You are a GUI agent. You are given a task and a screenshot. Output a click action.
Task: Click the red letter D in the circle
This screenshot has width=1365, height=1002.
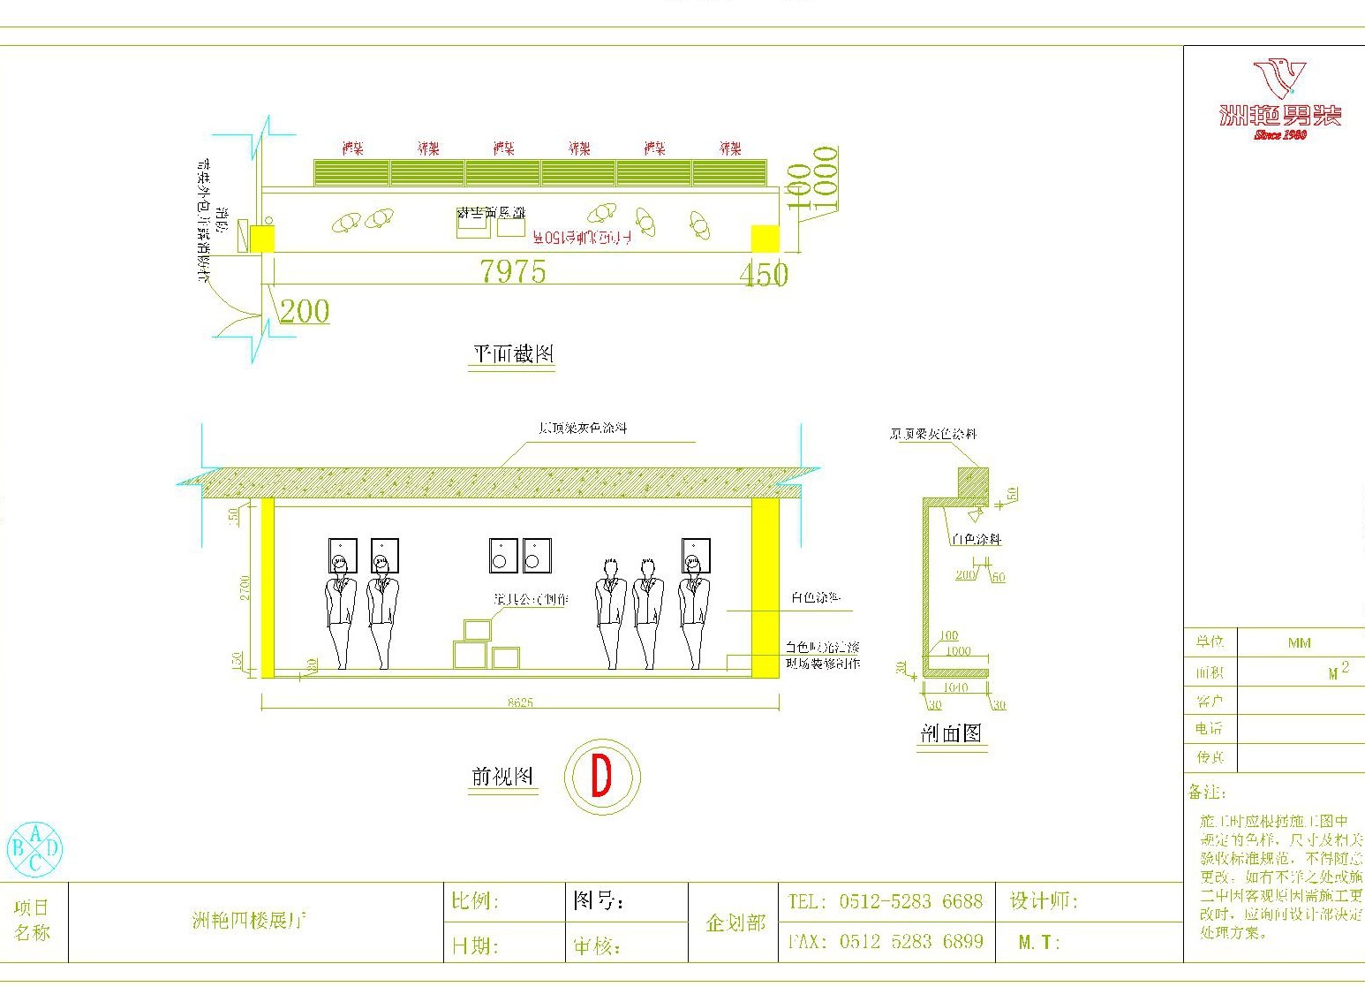(601, 778)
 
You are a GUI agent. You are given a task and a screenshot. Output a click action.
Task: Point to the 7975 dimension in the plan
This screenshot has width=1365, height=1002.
(513, 270)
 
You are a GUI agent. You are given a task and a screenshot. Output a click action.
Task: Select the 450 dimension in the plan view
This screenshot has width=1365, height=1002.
(764, 275)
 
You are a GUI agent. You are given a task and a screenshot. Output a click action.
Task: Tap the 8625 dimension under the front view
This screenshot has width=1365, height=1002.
(520, 702)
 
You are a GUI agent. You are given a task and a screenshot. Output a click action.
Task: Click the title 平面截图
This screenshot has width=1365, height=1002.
(513, 354)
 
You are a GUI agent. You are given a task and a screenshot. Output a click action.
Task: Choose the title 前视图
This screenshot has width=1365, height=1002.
(502, 777)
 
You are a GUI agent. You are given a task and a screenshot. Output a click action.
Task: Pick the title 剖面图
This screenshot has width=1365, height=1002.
(951, 733)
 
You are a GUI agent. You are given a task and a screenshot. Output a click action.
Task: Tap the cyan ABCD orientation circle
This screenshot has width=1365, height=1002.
(35, 849)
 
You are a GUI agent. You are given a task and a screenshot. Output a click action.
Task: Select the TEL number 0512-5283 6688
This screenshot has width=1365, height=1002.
(910, 901)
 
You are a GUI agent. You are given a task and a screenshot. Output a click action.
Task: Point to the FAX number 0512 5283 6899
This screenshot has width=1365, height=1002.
(910, 941)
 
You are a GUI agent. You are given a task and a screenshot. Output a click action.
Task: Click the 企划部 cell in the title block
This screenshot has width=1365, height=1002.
(735, 922)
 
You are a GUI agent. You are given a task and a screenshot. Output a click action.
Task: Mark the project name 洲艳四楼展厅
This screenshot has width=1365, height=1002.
(249, 921)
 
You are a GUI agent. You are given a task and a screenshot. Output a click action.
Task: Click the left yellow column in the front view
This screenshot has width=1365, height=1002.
(268, 588)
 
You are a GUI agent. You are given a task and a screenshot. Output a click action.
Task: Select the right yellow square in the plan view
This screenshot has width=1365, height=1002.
(765, 239)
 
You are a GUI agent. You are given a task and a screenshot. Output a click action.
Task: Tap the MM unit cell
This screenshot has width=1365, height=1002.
(1299, 643)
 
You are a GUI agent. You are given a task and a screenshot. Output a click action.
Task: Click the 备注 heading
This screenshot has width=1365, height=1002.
(1207, 792)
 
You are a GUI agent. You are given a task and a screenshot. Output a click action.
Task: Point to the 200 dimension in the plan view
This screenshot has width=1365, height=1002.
(305, 311)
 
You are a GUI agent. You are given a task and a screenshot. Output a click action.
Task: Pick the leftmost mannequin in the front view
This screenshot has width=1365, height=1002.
(340, 610)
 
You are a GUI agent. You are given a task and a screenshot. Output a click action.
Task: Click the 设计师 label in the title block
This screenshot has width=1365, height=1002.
(1044, 901)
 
